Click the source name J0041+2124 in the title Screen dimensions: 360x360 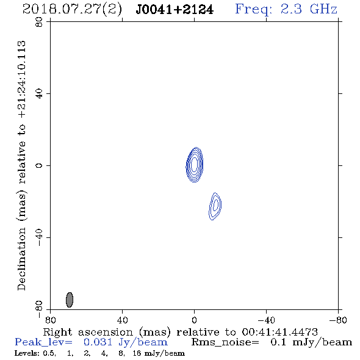tap(175, 10)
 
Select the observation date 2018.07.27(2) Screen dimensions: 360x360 tap(72, 10)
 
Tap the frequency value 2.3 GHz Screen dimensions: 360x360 tap(309, 9)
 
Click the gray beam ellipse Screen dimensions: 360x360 tap(70, 300)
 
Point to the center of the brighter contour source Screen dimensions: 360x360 tap(195, 165)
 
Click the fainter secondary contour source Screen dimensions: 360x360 tap(215, 206)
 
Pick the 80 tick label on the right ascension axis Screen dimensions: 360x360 tap(50, 320)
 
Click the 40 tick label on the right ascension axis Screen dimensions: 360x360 tap(122, 320)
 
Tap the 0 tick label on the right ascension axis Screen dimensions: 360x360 tap(194, 320)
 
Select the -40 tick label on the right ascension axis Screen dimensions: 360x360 tap(266, 320)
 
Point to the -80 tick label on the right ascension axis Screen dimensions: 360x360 tap(338, 320)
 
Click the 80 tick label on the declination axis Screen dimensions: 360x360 tap(39, 22)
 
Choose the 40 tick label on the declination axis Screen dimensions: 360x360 tap(39, 94)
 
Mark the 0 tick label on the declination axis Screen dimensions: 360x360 tap(39, 165)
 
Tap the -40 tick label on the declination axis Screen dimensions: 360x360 tap(39, 237)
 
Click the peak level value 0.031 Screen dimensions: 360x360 tap(98, 342)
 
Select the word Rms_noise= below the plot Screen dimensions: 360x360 tap(225, 342)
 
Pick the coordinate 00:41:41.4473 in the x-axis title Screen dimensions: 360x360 tap(280, 332)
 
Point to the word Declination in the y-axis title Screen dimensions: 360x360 tap(21, 259)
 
